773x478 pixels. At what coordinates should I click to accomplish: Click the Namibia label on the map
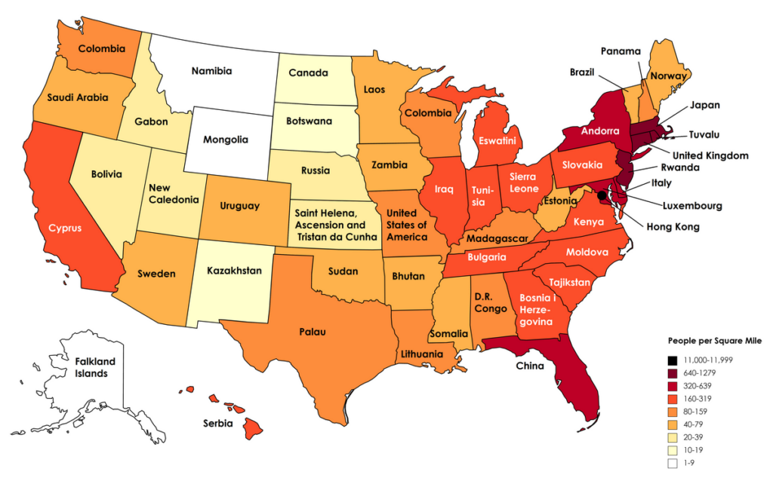211,71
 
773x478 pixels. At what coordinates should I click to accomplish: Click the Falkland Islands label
95,367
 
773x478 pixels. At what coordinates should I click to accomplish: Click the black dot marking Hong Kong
602,195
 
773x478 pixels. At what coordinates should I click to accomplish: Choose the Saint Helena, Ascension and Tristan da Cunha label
330,224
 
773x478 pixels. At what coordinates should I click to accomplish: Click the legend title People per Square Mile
705,340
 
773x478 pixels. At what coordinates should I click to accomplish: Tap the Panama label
621,51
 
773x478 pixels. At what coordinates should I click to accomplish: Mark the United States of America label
406,224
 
